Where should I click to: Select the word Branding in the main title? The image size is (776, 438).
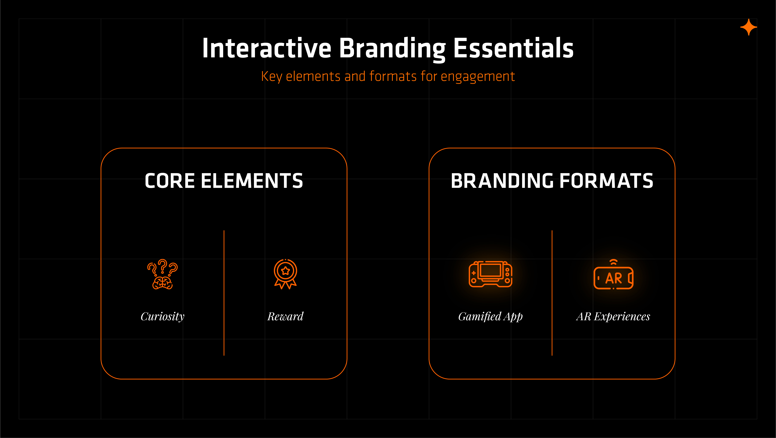[x=392, y=49]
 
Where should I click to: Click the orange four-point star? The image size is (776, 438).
[x=749, y=27]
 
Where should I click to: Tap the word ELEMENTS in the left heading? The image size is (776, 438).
[x=252, y=181]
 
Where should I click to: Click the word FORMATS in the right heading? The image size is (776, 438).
[x=606, y=181]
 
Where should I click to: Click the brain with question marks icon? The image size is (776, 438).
[x=162, y=274]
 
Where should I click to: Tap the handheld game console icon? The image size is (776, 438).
[x=490, y=274]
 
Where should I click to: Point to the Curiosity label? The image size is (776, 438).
[x=162, y=317]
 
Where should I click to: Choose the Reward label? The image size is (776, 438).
[x=285, y=317]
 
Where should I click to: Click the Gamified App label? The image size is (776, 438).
[x=490, y=317]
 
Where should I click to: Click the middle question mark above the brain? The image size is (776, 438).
[x=163, y=265]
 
